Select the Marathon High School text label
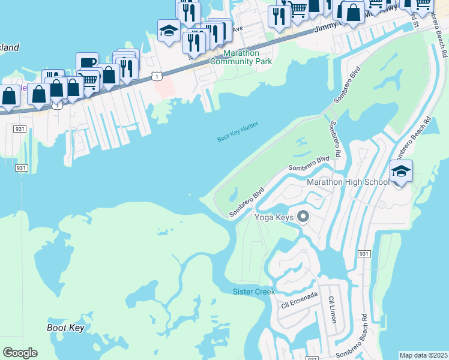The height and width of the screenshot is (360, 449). coord(348,182)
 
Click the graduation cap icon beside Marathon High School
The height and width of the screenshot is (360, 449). coord(401,171)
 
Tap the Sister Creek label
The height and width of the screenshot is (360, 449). coord(253,292)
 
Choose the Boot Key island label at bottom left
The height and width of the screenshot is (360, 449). coord(65,328)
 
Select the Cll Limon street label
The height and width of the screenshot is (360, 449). coord(332,309)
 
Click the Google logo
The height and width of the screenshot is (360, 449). coord(20,353)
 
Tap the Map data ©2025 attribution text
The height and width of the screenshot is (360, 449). coord(423,355)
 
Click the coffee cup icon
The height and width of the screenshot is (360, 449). coord(87,63)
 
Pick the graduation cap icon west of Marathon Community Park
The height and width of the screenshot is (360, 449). coord(169,31)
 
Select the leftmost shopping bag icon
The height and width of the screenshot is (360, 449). coord(10,96)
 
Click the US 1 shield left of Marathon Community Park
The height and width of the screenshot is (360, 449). coord(157,76)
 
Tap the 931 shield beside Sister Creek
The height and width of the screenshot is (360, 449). coord(364,254)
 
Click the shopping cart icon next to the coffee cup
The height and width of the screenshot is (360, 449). coord(89,80)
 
